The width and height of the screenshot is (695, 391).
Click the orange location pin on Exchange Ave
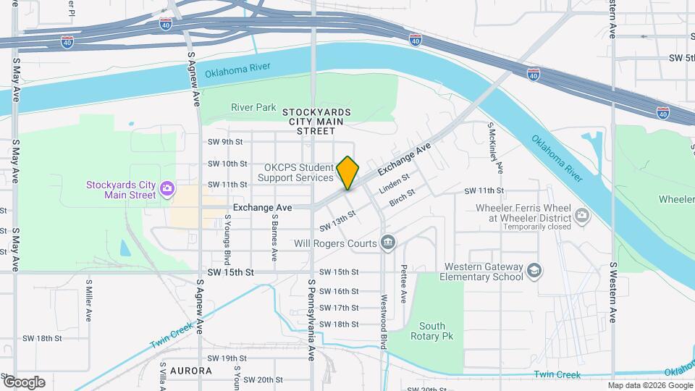point(347,172)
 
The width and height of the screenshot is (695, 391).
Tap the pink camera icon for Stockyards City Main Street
point(167,189)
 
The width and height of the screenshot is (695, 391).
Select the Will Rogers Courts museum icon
point(388,243)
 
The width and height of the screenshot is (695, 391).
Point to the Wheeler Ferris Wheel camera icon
point(581,214)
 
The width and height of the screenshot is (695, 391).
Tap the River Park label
point(253,108)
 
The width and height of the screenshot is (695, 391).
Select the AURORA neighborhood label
point(191,370)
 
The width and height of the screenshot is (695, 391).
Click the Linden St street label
point(395,182)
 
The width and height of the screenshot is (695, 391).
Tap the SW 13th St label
point(339,216)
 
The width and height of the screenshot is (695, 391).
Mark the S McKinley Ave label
point(495,148)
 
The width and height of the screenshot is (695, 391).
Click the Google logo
point(24,382)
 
